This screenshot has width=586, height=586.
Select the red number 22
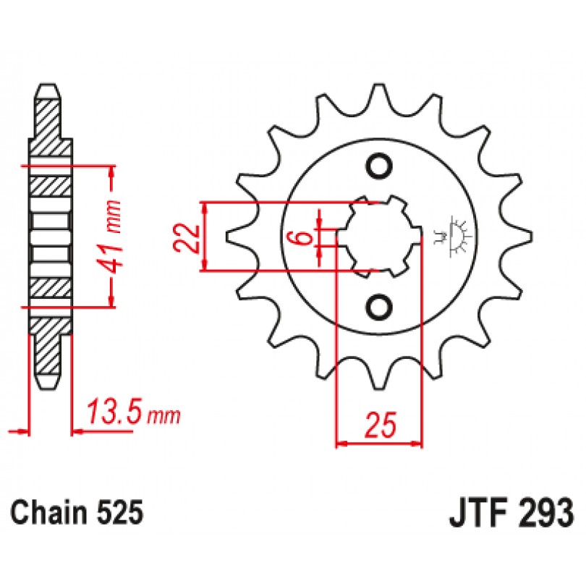point(186,238)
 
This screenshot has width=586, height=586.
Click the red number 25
point(381,425)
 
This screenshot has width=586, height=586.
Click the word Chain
point(48,512)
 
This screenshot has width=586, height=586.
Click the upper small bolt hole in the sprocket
point(379,166)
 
